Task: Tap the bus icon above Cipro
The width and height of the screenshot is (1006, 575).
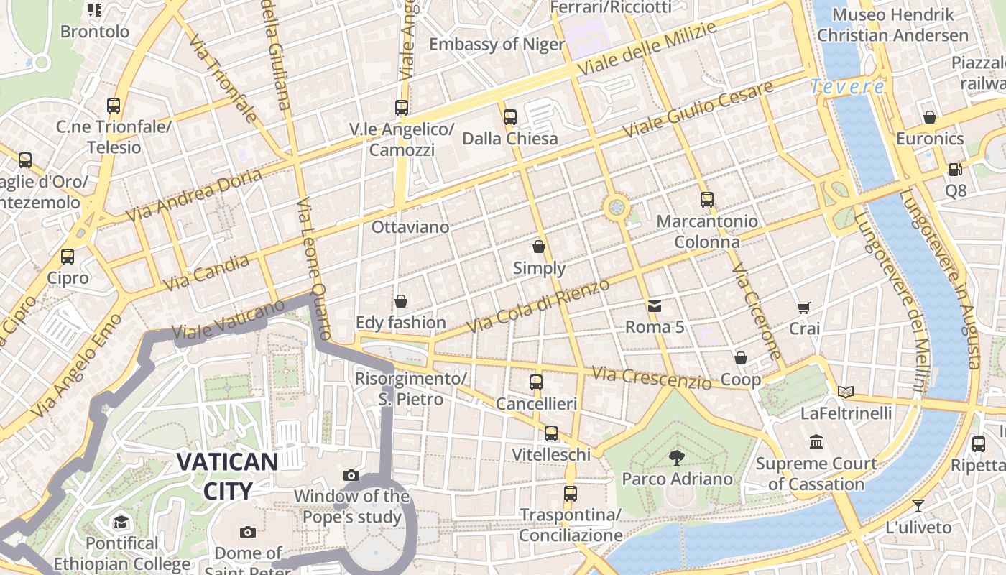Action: (68, 256)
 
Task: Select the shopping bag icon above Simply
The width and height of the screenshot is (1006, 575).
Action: (539, 247)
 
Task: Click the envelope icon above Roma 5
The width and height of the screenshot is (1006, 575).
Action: (655, 306)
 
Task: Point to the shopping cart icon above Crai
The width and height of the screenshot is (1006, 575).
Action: (804, 308)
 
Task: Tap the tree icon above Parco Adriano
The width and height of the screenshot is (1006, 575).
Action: (676, 456)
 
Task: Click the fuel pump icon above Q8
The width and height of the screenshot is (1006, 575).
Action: (955, 170)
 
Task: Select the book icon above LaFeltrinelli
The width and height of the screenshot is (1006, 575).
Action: (846, 392)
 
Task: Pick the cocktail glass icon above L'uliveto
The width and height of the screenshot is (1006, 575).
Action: (918, 505)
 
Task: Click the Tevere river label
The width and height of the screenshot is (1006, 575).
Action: (848, 87)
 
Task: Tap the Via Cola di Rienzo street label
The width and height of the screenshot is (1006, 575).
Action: (538, 306)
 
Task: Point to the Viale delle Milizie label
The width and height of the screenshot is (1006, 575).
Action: (647, 49)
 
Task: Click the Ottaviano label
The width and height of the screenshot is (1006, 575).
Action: (410, 227)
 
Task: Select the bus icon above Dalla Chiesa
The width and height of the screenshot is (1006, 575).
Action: (510, 116)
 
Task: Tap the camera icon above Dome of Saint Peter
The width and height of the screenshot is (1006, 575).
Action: (248, 532)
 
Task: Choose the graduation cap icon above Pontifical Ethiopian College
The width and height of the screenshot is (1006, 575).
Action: (121, 522)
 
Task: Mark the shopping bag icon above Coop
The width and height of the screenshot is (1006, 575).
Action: (741, 358)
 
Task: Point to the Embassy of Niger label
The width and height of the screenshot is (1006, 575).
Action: (497, 45)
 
